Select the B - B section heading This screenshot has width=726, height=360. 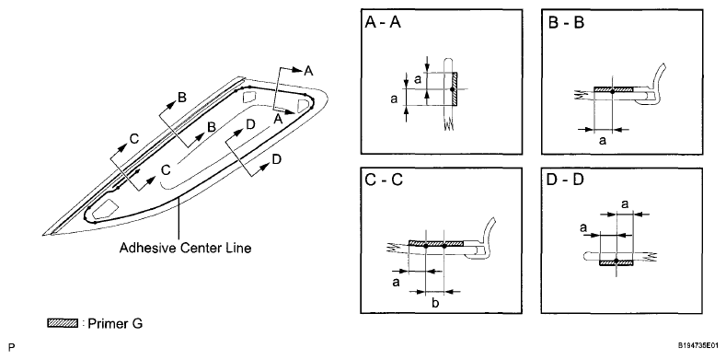point(566,23)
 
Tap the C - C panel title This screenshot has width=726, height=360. point(384,180)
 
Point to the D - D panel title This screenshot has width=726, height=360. point(566,180)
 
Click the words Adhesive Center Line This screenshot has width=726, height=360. point(185,248)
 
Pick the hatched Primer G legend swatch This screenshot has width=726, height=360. point(62,323)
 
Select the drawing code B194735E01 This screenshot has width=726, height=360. point(698,345)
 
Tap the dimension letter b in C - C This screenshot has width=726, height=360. point(435,304)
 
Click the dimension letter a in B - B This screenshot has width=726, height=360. point(603,140)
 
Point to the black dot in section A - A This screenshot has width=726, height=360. point(452,88)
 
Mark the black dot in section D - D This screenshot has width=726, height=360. point(617,261)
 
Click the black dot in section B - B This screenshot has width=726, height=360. point(612,91)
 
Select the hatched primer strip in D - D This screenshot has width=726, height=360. point(617,263)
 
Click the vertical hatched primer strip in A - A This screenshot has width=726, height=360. point(455,89)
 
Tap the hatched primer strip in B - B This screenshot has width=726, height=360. point(613,88)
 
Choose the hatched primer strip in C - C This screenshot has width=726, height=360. point(436,243)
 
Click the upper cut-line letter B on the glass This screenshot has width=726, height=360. point(182,98)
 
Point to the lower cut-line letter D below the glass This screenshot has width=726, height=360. point(276,159)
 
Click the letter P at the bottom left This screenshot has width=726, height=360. point(12,346)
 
